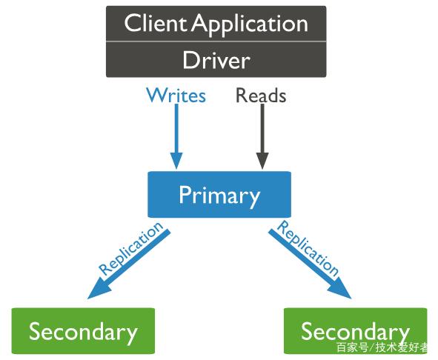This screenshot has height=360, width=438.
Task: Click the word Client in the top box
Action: [x=156, y=23]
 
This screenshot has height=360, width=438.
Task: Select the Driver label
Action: [x=216, y=60]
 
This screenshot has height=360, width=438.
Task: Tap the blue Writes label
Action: [x=176, y=96]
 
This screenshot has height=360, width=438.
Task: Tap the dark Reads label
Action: [x=261, y=96]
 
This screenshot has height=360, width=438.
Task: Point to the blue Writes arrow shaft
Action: [x=176, y=128]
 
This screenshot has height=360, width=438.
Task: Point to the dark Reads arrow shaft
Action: [x=262, y=128]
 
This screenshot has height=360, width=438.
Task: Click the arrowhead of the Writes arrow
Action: [x=176, y=161]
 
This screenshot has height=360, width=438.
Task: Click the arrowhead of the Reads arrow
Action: [x=262, y=161]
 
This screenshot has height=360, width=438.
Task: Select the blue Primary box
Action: [x=219, y=194]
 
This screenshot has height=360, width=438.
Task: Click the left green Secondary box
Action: [x=83, y=331]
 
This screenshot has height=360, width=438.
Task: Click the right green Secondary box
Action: [x=356, y=331]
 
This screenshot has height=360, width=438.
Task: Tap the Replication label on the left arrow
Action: [x=130, y=248]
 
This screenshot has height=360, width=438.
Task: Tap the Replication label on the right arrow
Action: [x=308, y=248]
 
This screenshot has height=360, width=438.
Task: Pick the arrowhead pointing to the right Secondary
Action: [x=341, y=289]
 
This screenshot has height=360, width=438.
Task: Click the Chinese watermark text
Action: [x=382, y=347]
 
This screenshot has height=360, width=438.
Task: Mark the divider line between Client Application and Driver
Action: [x=216, y=41]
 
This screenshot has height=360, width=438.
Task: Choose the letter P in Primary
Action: [x=185, y=194]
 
